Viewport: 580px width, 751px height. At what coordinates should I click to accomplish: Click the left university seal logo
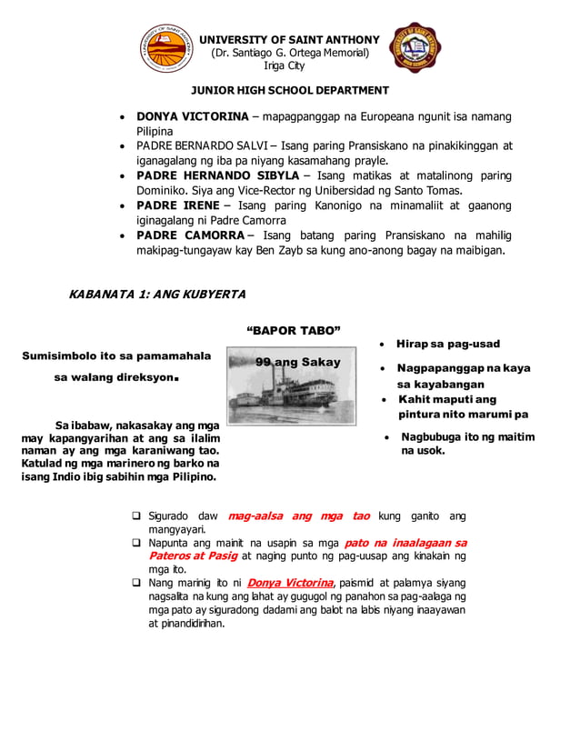(x=166, y=48)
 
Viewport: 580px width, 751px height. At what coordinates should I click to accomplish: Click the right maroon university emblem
(x=415, y=48)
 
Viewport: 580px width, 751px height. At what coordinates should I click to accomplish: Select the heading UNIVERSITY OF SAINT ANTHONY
(x=289, y=39)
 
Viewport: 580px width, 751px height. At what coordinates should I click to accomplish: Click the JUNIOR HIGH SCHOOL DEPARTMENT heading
(x=289, y=90)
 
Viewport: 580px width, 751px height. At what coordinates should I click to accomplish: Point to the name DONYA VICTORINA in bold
(x=192, y=116)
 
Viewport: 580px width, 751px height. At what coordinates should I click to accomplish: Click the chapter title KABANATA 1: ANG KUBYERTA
(x=156, y=295)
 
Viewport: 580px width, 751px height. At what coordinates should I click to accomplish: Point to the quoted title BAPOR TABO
(x=290, y=330)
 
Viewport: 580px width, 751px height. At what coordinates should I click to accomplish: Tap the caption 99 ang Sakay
(x=298, y=362)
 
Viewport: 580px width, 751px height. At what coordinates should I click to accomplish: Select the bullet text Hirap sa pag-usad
(x=447, y=344)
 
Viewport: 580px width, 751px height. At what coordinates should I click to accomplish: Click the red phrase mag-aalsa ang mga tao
(x=298, y=516)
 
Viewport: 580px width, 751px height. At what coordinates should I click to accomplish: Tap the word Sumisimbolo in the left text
(x=66, y=355)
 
